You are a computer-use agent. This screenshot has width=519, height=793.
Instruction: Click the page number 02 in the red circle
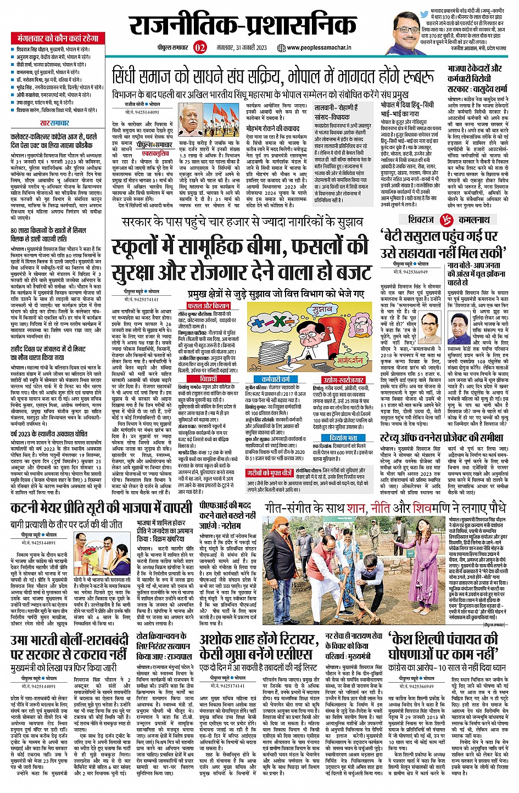point(200,47)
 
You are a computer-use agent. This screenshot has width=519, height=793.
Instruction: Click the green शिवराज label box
point(421,220)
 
